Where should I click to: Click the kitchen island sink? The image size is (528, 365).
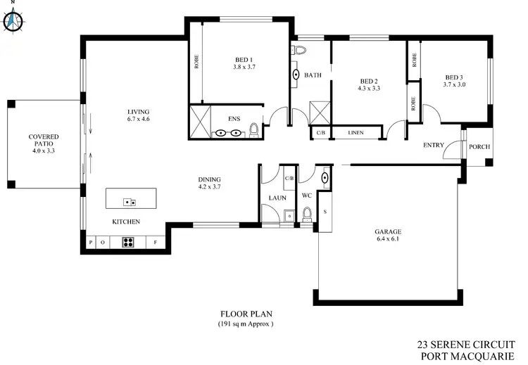click(130, 203)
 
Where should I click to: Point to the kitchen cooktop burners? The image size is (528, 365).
click(129, 243)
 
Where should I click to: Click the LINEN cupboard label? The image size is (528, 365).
click(355, 132)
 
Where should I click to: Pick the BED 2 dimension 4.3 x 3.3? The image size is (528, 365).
click(369, 89)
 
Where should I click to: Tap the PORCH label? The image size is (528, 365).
click(479, 147)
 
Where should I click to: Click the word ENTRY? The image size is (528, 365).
click(434, 146)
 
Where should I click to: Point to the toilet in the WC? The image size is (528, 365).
click(306, 212)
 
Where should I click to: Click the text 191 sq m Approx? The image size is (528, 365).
click(245, 324)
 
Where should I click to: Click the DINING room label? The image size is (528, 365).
click(210, 179)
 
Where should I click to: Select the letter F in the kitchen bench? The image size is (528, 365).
click(155, 243)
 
